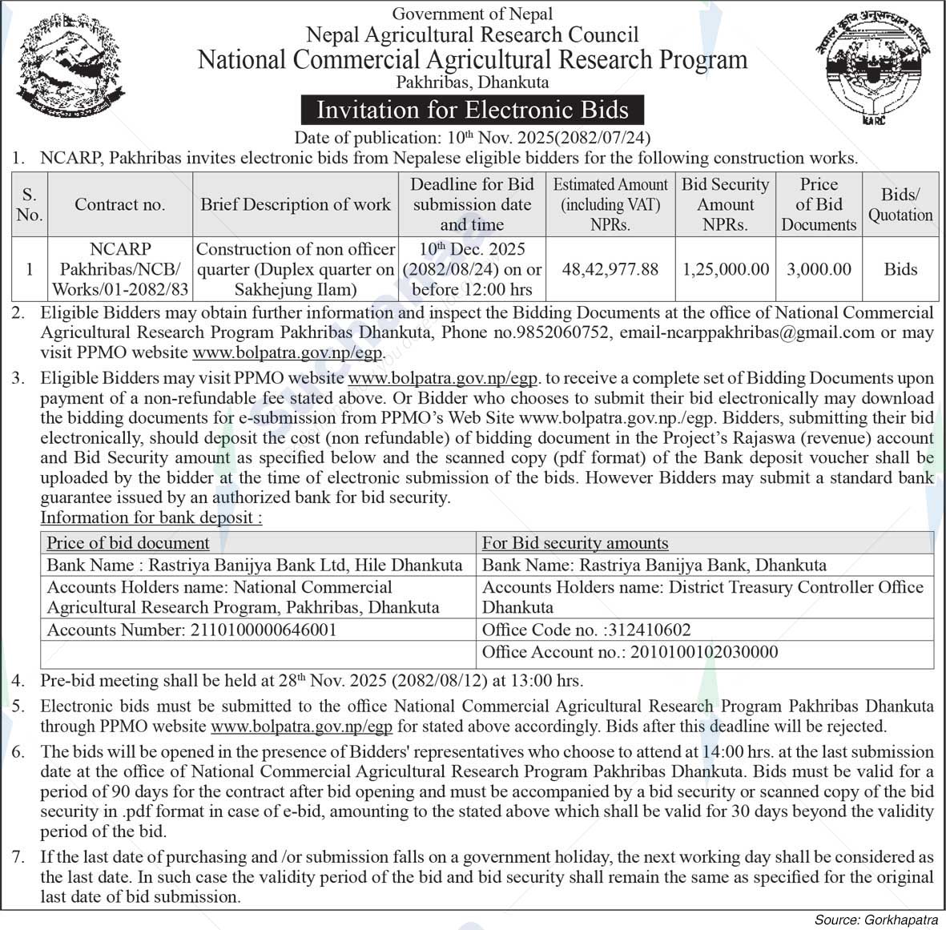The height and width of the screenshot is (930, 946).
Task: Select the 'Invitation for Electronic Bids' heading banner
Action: (472, 110)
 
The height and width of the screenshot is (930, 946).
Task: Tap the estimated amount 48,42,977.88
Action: (610, 269)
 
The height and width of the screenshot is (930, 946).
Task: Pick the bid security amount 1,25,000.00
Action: (725, 269)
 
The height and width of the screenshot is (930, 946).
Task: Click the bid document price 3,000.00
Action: (819, 269)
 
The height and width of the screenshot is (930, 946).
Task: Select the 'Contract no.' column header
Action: (120, 204)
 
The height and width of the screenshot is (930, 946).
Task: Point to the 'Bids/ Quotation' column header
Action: (900, 204)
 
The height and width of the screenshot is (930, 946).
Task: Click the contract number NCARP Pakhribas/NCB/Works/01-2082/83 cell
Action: (120, 269)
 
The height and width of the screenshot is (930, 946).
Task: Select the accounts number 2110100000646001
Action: (263, 630)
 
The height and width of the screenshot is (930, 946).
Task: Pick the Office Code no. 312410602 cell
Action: (586, 630)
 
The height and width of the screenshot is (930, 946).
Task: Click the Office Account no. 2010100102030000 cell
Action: (630, 652)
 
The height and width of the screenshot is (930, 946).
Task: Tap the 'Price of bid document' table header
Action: (128, 542)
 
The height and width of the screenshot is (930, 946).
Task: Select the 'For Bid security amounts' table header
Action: (574, 542)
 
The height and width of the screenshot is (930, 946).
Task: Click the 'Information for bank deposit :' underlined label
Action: (151, 517)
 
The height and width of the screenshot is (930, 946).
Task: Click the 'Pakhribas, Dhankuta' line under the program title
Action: (473, 82)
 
